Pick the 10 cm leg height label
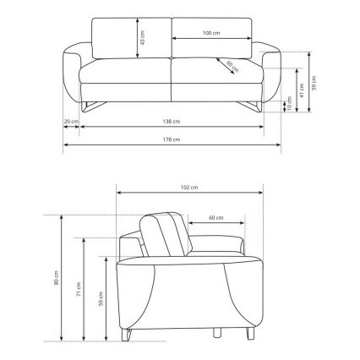[288, 105]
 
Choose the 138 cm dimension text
[172, 122]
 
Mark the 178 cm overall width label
[172, 139]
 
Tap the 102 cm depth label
[188, 187]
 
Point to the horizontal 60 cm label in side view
[215, 218]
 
